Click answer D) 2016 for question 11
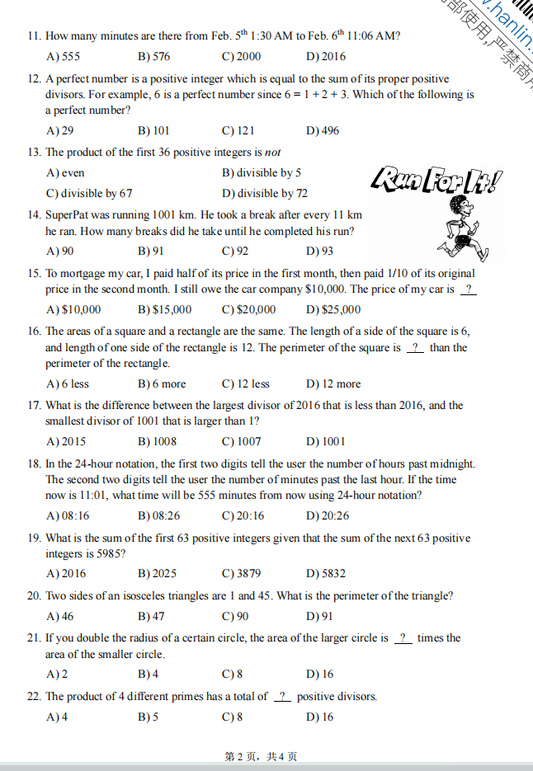[325, 57]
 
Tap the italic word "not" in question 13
[273, 153]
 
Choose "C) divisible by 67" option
[89, 194]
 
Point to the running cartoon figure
[454, 226]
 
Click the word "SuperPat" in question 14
[68, 215]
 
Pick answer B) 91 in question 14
[150, 252]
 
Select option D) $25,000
[333, 310]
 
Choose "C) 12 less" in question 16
[245, 384]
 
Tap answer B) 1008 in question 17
[157, 442]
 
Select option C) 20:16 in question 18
[243, 516]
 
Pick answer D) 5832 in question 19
[325, 574]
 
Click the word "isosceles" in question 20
[144, 596]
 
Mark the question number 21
[34, 638]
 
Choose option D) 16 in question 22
[319, 717]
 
